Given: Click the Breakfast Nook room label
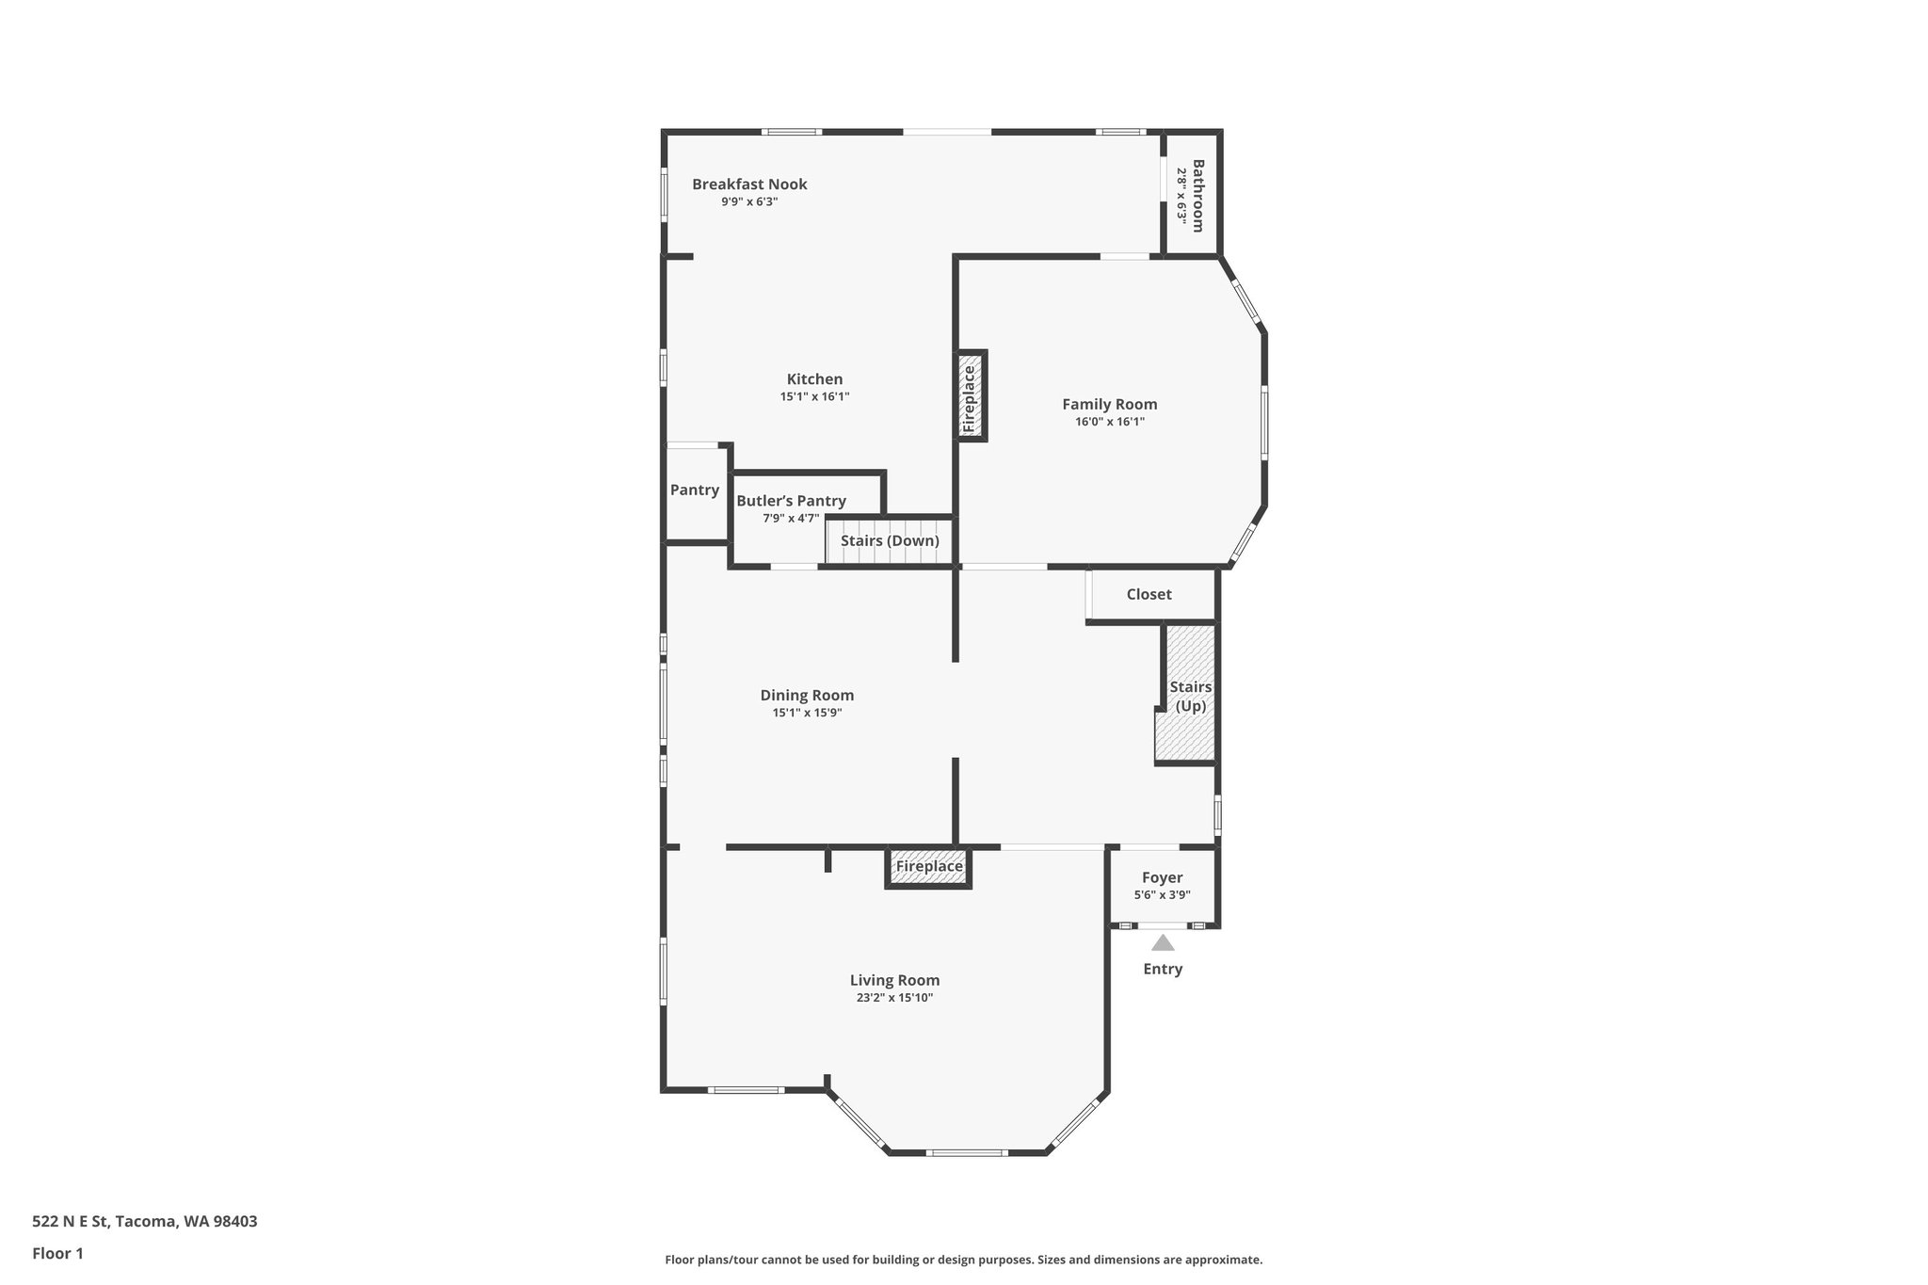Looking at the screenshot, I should pos(749,185).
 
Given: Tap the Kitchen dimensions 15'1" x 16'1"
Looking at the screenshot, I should pos(814,397).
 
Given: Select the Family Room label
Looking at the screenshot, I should pos(1110,405).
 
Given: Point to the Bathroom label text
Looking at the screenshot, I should pos(1198,196).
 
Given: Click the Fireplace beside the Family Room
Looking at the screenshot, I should pos(971,396).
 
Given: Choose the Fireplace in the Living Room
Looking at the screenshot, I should pos(929,867).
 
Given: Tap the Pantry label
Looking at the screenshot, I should pos(695,490).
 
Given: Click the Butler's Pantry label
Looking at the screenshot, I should pos(791,501).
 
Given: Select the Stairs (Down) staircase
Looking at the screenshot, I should pos(890,541).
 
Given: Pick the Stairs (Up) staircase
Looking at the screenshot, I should pos(1190,697).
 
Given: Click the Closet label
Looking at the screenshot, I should pos(1149,594).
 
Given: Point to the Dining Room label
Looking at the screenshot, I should pos(807,696).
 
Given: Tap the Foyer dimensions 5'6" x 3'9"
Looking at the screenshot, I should pos(1163,895).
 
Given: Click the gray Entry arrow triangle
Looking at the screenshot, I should pos(1163,942).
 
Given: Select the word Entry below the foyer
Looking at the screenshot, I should pos(1163,969).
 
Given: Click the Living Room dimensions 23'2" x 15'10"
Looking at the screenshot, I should pos(894,998).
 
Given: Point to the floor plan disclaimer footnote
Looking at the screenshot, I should pos(963,1260).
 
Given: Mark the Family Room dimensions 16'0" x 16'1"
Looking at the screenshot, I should pos(1110,422).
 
